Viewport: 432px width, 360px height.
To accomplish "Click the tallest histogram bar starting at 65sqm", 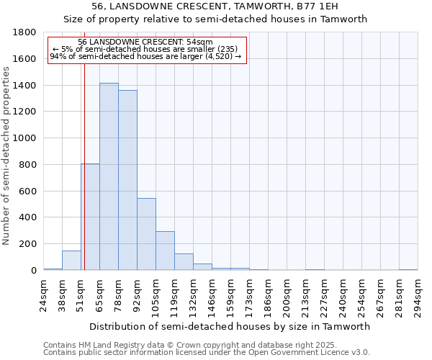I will coord(109,176).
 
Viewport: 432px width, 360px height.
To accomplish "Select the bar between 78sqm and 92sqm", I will coord(127,180).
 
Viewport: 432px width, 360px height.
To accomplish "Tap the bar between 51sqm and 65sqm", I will coord(90,217).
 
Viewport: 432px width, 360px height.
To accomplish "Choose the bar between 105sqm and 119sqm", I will coord(165,251).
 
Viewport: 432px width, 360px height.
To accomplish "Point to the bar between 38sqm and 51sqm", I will coord(71,261).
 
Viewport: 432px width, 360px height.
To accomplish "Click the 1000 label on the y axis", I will coord(26,138).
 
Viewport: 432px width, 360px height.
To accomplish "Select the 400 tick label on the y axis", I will coord(29,217).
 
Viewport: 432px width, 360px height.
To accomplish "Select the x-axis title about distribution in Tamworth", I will coord(230,326).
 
